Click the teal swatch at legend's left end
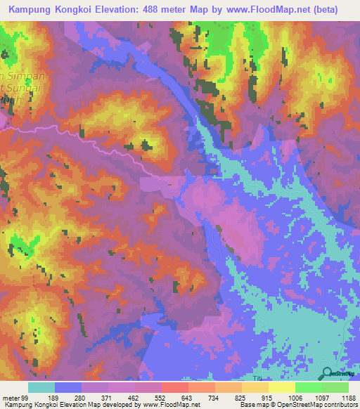41,387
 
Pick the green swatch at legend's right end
335,387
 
